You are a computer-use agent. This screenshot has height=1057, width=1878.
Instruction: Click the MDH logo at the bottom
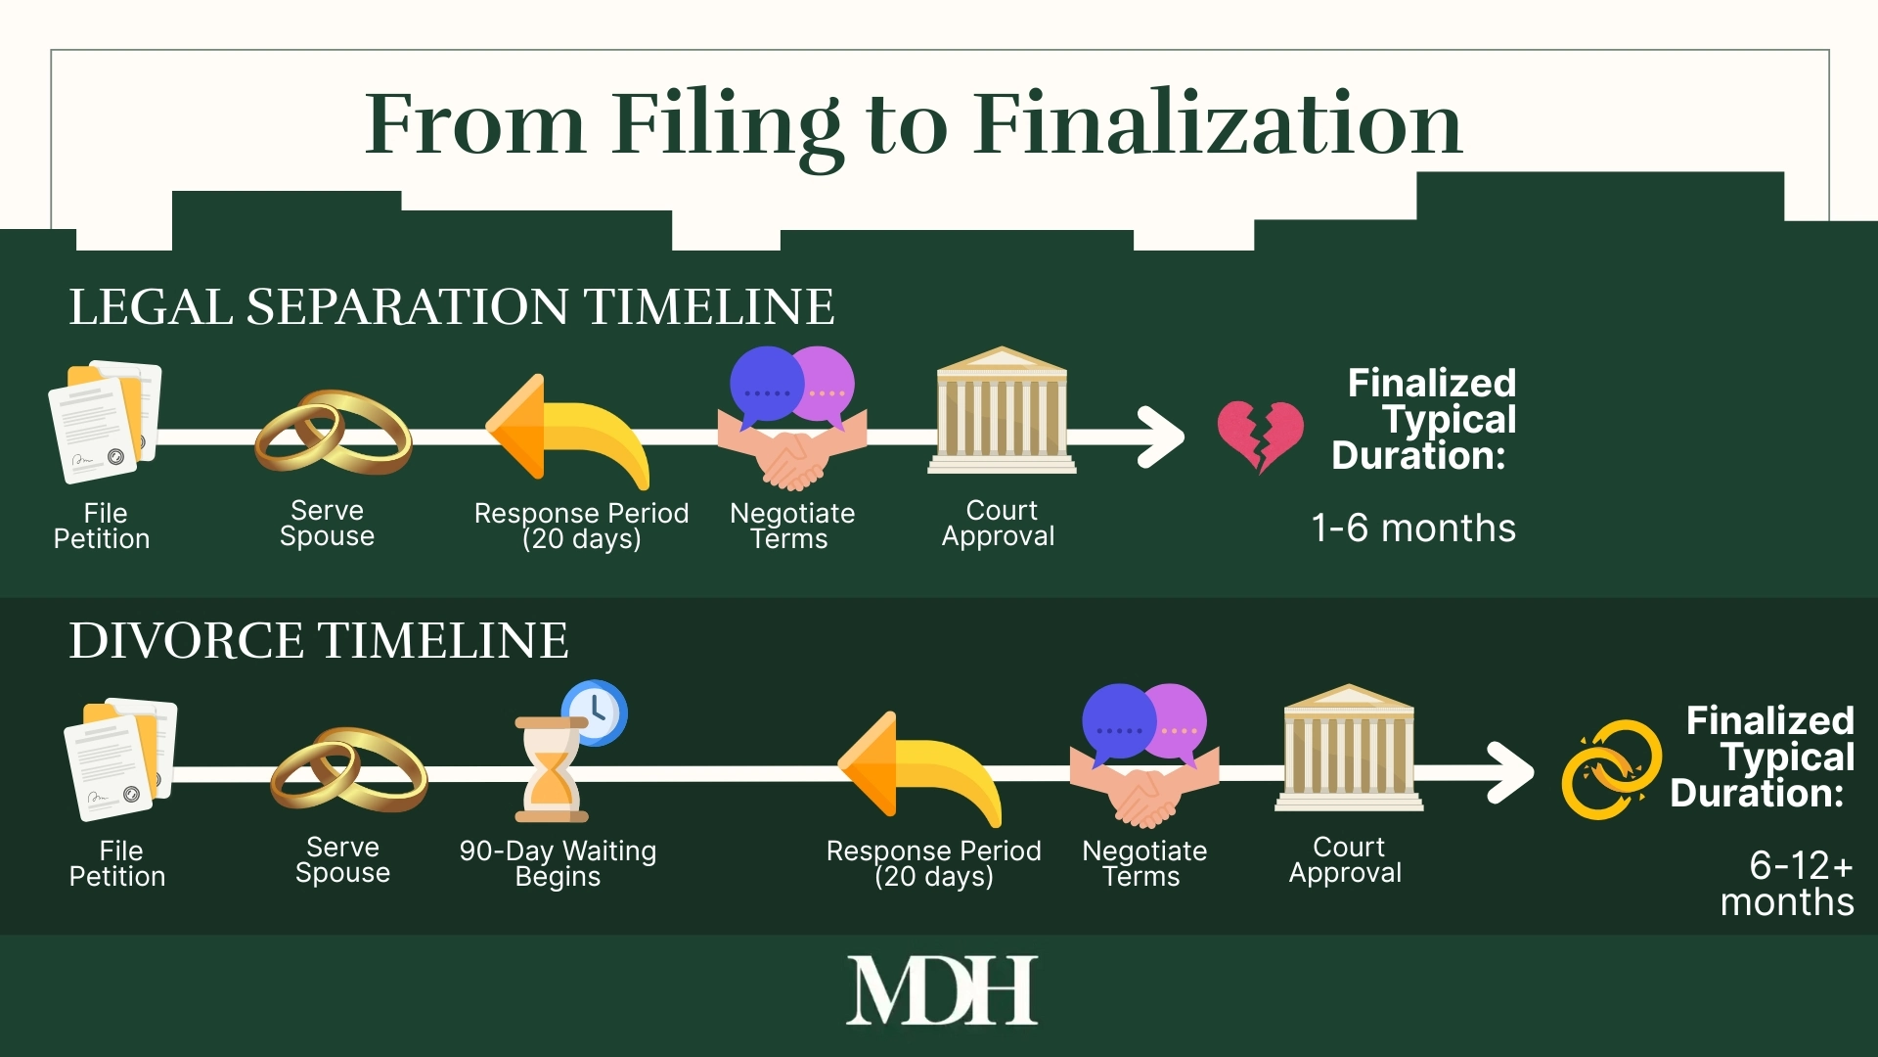[x=941, y=990]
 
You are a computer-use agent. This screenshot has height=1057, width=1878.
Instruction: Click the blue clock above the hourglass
[x=595, y=712]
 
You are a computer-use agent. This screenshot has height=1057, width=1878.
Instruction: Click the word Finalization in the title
[x=1217, y=124]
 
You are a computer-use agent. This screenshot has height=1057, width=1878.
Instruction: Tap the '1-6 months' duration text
[x=1413, y=528]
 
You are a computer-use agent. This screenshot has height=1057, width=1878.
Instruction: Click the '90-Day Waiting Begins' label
[x=558, y=863]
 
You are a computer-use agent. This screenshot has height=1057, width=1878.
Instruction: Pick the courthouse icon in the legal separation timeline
[x=1002, y=411]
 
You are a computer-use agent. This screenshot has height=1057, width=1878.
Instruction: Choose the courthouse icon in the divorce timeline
[x=1348, y=749]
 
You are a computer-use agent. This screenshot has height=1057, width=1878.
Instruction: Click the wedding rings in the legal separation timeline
[x=333, y=433]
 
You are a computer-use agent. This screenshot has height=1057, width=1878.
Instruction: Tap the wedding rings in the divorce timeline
[x=348, y=770]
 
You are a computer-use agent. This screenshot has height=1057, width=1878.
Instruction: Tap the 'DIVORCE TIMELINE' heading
[x=318, y=641]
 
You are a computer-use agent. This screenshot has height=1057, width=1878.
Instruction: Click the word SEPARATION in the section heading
[x=407, y=307]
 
